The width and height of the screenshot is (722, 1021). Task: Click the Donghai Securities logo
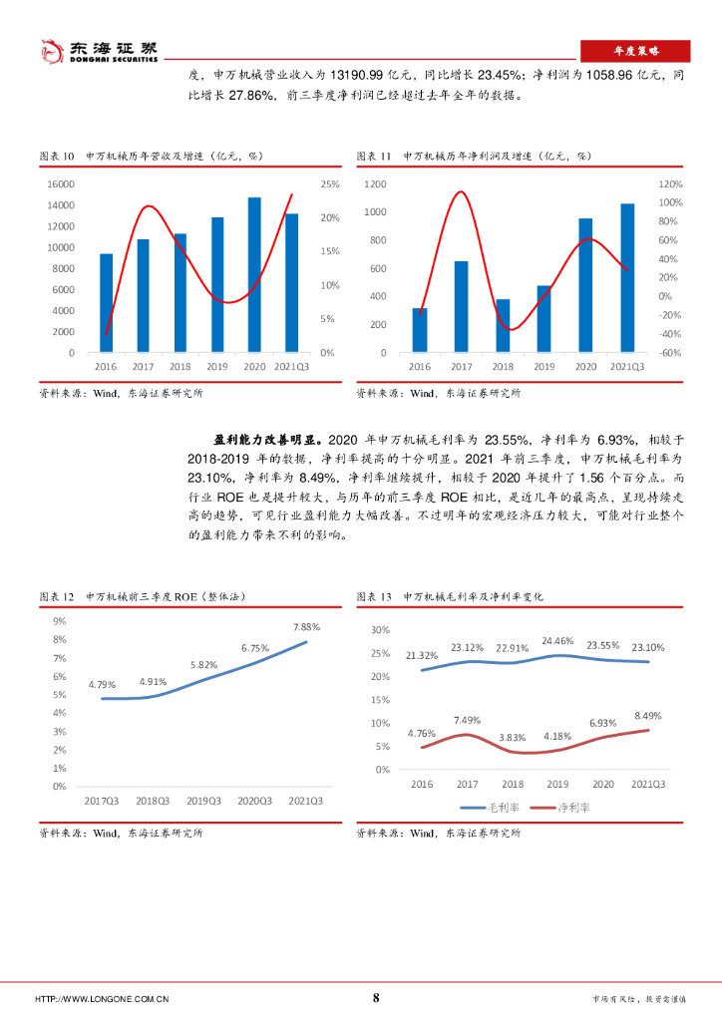[x=98, y=51]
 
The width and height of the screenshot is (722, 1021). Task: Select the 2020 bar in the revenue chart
[x=254, y=275]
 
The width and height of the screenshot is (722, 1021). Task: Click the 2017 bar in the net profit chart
[x=462, y=307]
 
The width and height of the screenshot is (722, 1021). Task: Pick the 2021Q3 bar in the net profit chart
[x=626, y=278]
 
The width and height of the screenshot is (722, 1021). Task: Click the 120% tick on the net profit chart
[x=669, y=184]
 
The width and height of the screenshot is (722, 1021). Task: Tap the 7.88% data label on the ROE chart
[x=306, y=627]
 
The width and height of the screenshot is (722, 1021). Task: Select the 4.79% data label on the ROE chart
[x=103, y=684]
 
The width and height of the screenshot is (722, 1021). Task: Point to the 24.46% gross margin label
[x=557, y=641]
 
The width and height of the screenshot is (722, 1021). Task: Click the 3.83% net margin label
[x=512, y=737]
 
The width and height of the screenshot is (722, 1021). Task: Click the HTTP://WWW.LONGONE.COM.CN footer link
[x=101, y=999]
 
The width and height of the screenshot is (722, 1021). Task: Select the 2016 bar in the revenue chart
[x=106, y=303]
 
